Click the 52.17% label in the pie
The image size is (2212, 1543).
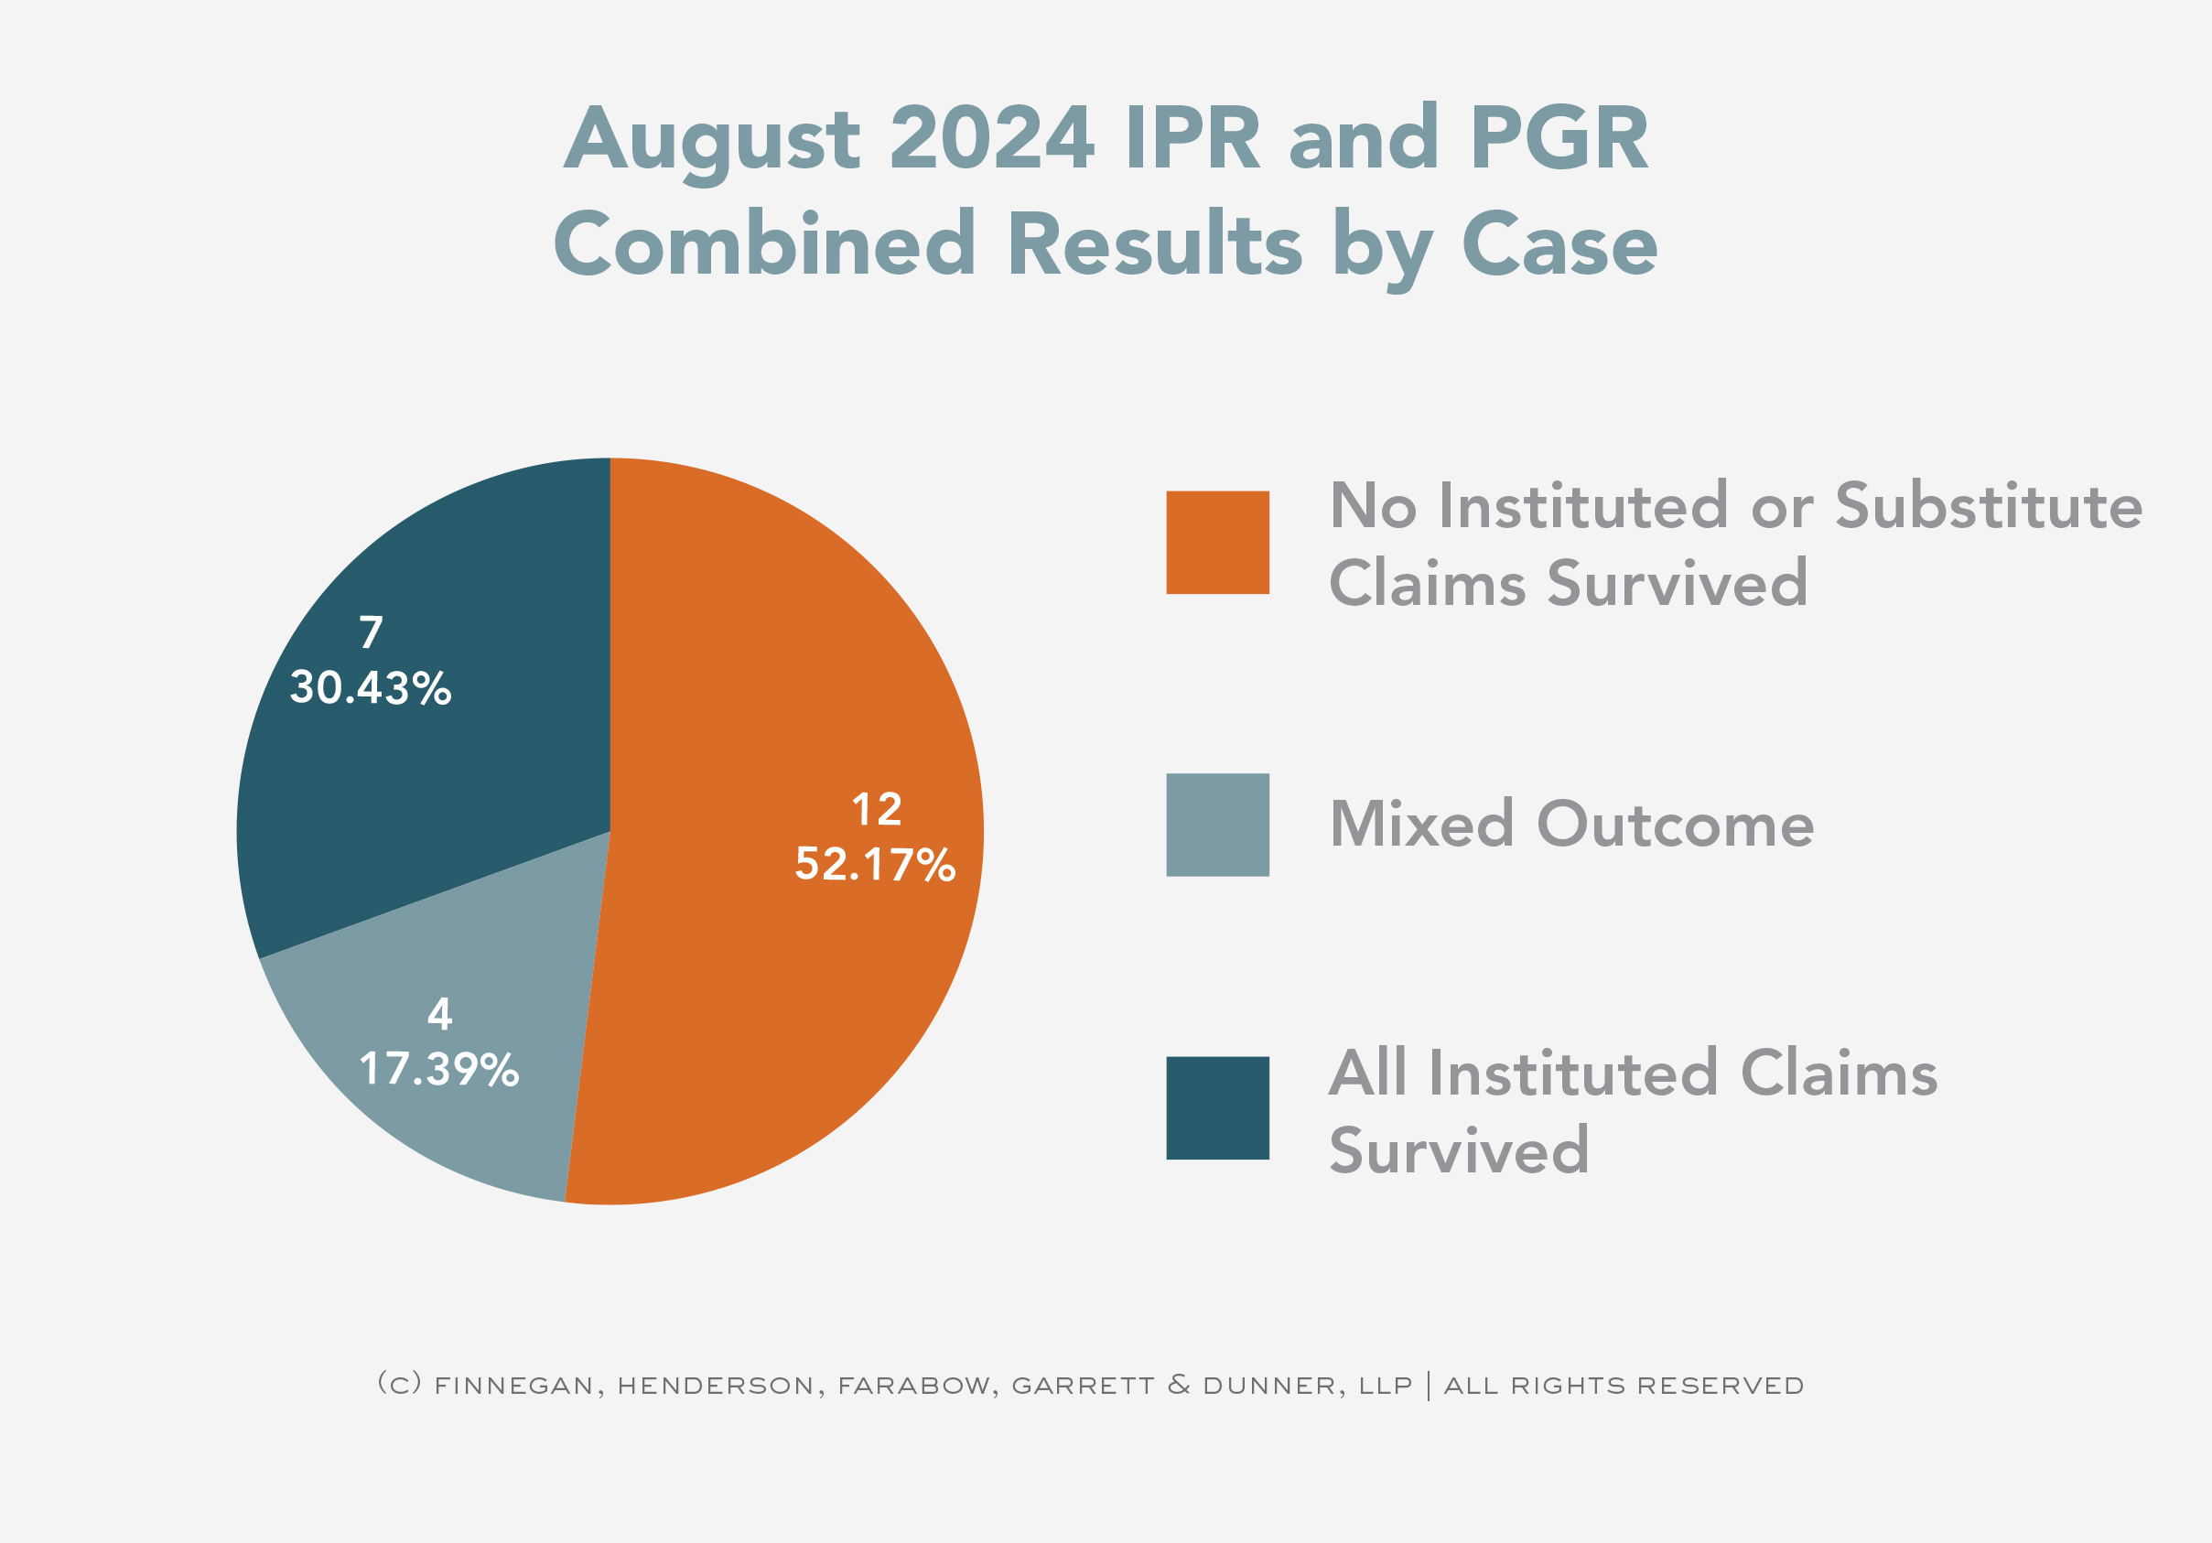point(875,865)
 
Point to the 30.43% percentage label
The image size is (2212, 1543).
point(371,688)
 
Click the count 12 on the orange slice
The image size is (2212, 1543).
point(877,810)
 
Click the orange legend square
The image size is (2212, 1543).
point(1217,543)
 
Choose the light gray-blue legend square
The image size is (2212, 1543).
point(1217,825)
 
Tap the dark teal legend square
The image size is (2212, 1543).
point(1217,1107)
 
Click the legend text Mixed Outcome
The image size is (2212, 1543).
point(1570,825)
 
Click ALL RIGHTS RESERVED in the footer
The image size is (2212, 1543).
point(1624,1386)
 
